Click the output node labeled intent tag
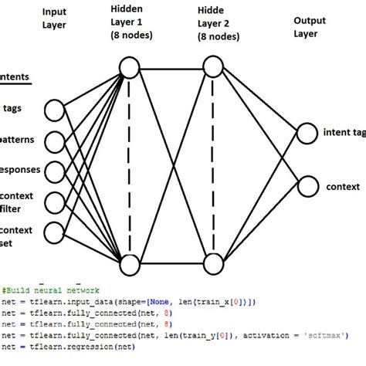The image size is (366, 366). tap(307, 133)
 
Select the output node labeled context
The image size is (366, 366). tap(307, 186)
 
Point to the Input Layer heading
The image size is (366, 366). tap(54, 18)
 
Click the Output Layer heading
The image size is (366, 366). tap(310, 27)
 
